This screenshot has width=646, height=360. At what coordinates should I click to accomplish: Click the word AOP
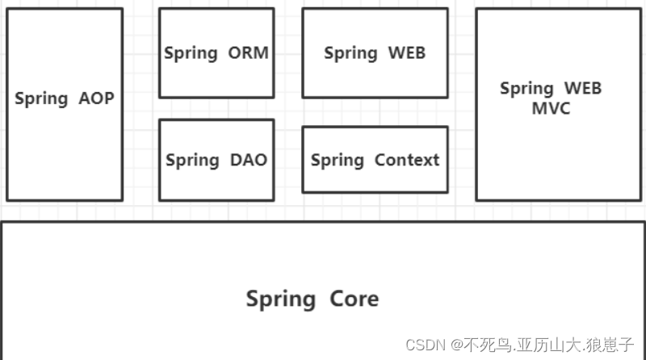(97, 98)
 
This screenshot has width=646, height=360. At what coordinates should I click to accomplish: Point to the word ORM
(248, 53)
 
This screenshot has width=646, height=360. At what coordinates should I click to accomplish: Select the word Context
(407, 160)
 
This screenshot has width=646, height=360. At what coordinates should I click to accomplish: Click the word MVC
(551, 108)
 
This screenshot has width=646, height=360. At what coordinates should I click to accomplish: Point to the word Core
(354, 299)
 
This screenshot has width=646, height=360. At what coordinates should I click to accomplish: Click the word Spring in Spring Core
(280, 299)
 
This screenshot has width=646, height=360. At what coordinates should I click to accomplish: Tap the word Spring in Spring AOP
(41, 99)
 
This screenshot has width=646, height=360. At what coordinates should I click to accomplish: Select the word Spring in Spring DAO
(191, 161)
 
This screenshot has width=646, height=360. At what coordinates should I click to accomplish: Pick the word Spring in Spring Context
(337, 161)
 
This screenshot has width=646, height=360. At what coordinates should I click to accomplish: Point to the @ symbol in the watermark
(457, 345)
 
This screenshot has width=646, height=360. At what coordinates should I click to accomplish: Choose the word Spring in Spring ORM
(191, 54)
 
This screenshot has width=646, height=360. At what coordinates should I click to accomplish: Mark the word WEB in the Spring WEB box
(406, 53)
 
